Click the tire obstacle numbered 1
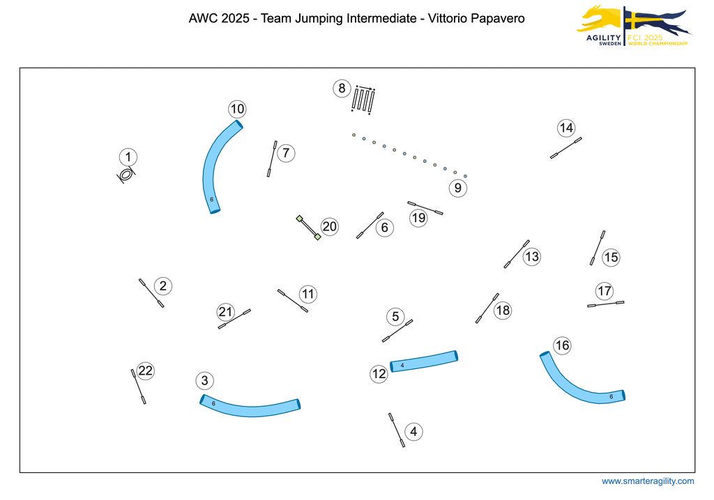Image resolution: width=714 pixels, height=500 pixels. (x=126, y=175)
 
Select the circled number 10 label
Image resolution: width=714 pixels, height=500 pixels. (x=237, y=109)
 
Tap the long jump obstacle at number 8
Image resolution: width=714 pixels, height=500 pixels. (x=363, y=100)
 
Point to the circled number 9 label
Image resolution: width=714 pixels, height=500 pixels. (x=457, y=187)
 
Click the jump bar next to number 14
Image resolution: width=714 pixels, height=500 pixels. (x=565, y=148)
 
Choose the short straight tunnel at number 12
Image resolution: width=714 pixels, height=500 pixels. (x=424, y=361)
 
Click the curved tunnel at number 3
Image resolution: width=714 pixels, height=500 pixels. (x=250, y=408)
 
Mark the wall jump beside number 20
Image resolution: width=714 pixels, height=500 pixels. (x=308, y=228)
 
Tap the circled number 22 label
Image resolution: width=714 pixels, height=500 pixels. (x=145, y=370)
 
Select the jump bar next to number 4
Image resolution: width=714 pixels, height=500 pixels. (x=397, y=430)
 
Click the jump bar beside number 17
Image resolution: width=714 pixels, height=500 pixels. (x=605, y=304)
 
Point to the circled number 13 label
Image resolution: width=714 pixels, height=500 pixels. (x=532, y=256)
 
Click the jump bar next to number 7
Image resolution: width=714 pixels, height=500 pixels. (x=272, y=159)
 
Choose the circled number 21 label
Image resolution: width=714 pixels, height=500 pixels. (x=225, y=311)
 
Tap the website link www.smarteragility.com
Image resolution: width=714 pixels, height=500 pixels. (x=648, y=481)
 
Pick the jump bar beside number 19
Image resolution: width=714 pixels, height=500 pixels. (x=425, y=208)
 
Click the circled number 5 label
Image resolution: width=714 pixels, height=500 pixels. (x=395, y=317)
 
